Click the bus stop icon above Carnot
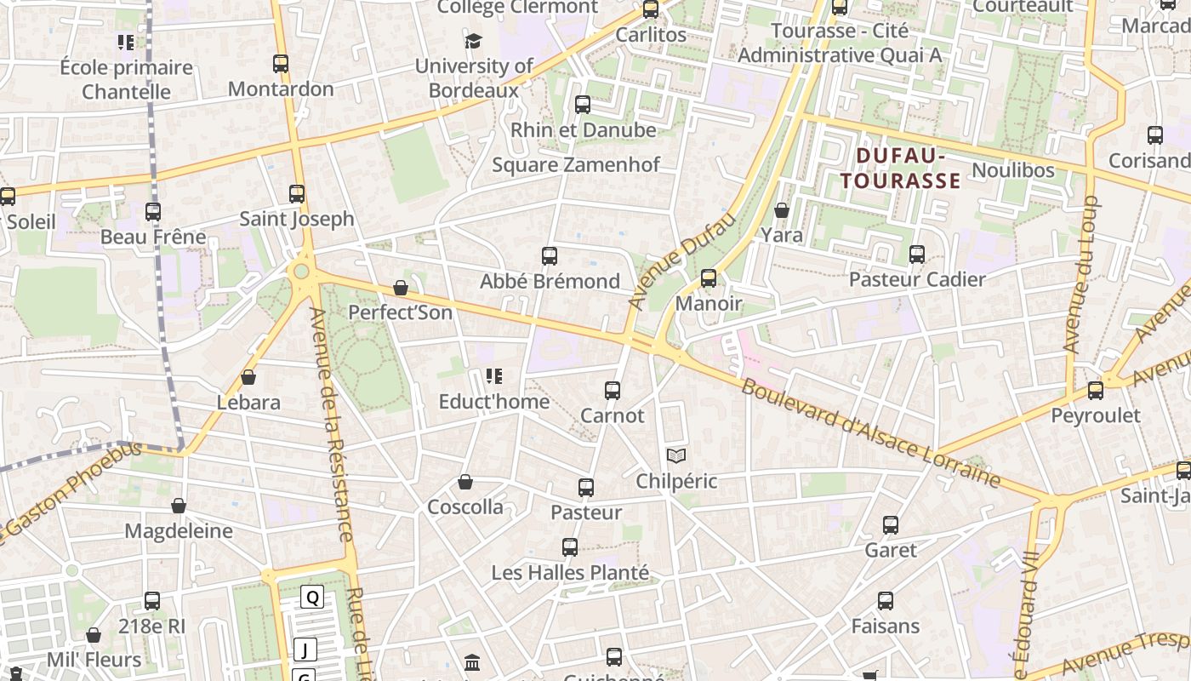(613, 391)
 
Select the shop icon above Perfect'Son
(401, 289)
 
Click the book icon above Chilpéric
(676, 457)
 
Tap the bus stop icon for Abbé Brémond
(550, 255)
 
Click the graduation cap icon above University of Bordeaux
(473, 41)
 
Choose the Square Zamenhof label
(576, 165)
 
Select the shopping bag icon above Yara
(782, 210)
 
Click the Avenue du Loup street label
(1081, 274)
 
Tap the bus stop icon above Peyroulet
(1096, 391)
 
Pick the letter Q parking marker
(312, 598)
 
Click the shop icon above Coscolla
(465, 483)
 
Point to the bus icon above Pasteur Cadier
(917, 255)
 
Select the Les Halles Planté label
(570, 573)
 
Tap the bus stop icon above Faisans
(886, 601)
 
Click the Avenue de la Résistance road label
(332, 424)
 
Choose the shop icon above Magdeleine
(179, 506)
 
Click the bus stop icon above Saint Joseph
(297, 194)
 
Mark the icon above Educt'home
(494, 376)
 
